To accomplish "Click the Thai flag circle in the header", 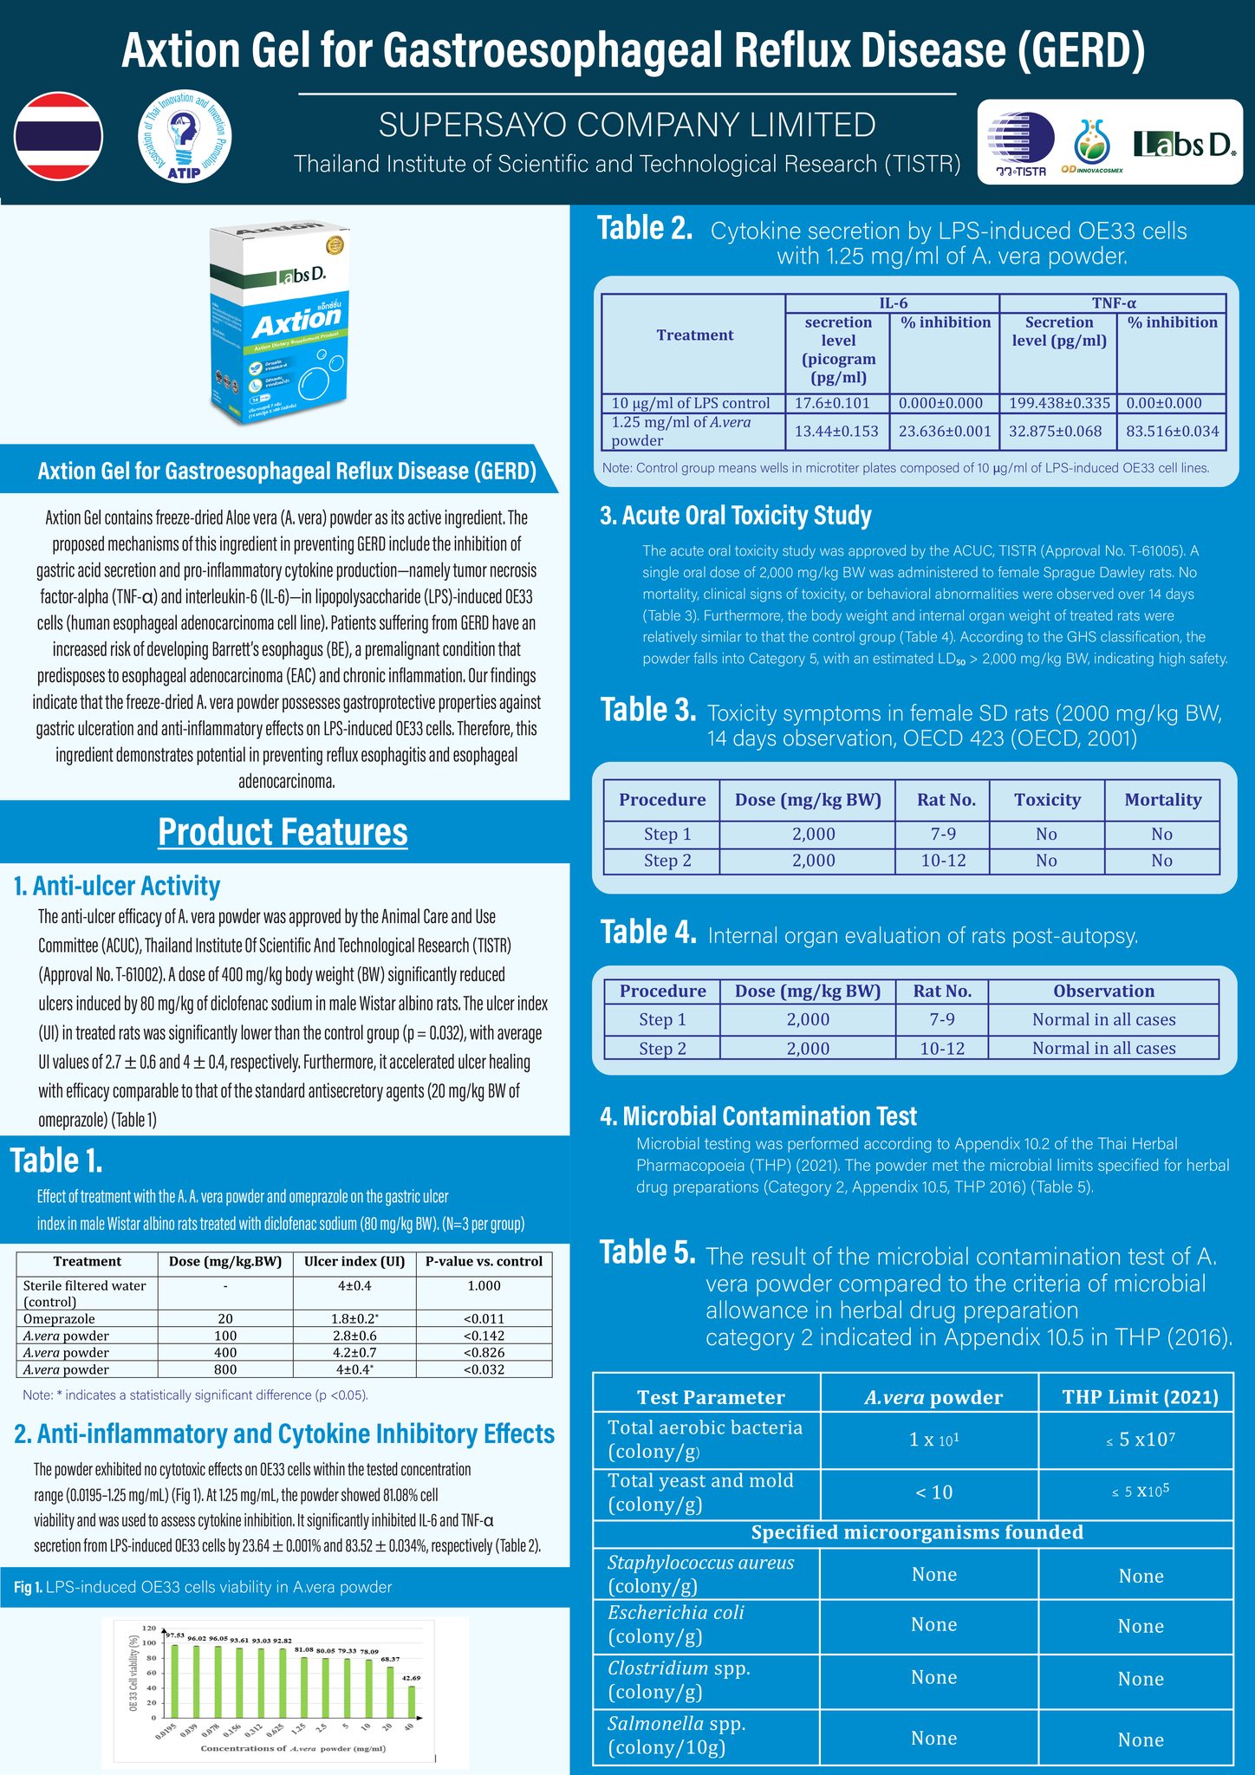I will point(58,136).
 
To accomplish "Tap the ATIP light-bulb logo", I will point(185,136).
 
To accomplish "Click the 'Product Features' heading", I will point(283,832).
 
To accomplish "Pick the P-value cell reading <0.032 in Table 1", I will point(484,1369).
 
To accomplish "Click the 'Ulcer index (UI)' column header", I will point(354,1261).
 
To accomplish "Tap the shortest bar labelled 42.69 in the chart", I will point(412,1701).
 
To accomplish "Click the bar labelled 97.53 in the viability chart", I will point(175,1681).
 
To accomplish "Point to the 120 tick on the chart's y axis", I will point(149,1628).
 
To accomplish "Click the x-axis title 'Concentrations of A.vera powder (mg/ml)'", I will point(293,1747).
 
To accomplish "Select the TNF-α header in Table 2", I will point(1113,303).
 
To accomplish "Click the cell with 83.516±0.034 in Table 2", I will point(1172,431).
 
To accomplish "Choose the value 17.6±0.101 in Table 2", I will point(836,403).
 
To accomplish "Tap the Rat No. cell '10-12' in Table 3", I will point(943,861).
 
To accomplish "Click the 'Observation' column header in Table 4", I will point(1103,991).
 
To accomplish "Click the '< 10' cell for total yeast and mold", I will point(933,1492).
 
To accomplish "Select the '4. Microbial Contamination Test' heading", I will point(758,1116).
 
